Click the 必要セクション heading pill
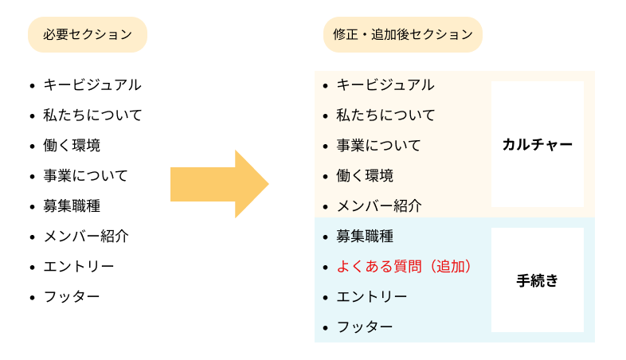click(88, 34)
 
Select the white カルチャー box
click(537, 144)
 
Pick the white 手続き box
click(537, 280)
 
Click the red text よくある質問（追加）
click(404, 266)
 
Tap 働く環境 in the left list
click(72, 145)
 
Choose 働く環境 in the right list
click(365, 175)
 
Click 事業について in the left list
click(85, 175)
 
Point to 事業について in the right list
click(378, 145)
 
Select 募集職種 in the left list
click(72, 205)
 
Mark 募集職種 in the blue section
click(365, 236)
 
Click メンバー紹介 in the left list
click(85, 236)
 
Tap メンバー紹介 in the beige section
click(378, 205)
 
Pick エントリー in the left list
click(79, 266)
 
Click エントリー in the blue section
click(372, 296)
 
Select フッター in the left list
click(72, 296)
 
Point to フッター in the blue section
click(365, 327)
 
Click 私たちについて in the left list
click(92, 115)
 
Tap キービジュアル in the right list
click(385, 84)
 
